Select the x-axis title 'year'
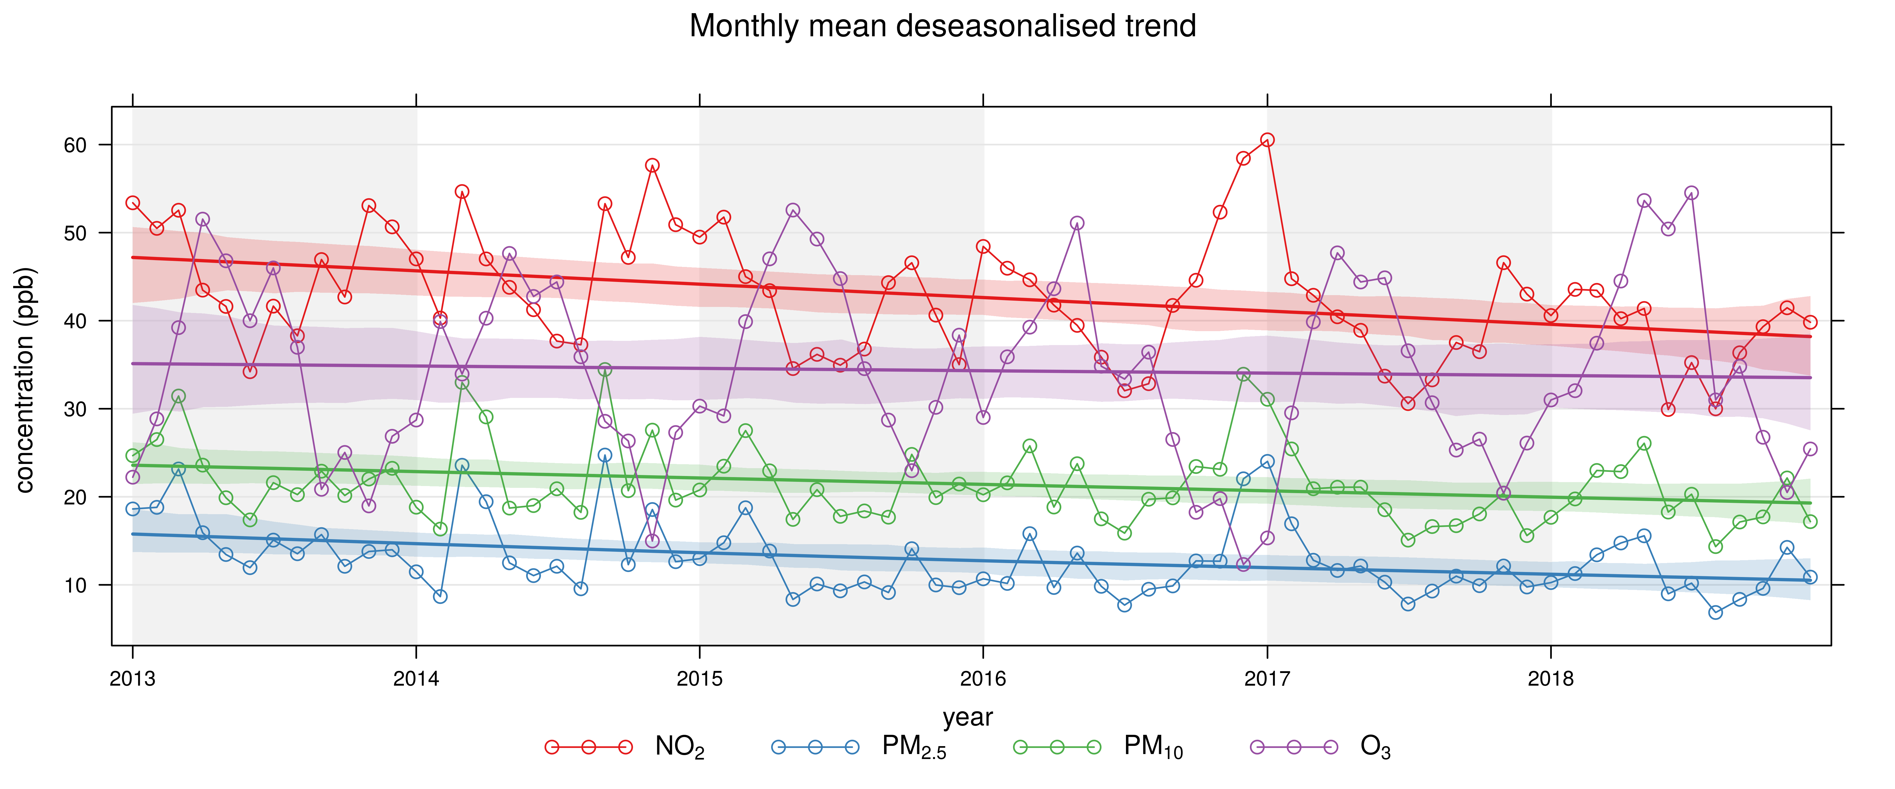(x=967, y=717)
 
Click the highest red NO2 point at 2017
(x=1267, y=140)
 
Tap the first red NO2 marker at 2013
(x=132, y=203)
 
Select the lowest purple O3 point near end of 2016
(x=1243, y=565)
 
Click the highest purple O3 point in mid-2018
(x=1691, y=193)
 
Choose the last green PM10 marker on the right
(x=1811, y=521)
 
